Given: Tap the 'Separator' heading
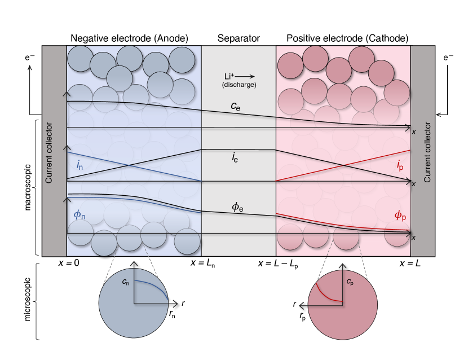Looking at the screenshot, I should click(239, 38).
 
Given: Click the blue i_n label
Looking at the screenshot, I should click(80, 165).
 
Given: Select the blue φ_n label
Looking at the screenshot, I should click(79, 215).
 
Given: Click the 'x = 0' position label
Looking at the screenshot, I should click(68, 263).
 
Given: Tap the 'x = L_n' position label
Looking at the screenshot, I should click(202, 264).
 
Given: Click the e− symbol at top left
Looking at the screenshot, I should click(31, 57).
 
